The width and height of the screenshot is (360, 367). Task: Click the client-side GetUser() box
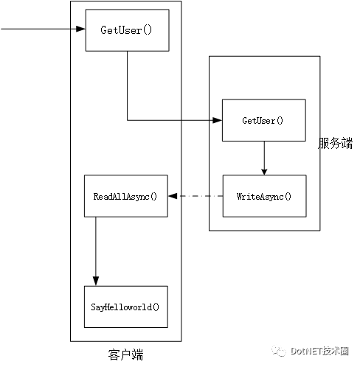(x=127, y=30)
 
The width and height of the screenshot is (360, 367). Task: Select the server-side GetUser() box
(x=264, y=120)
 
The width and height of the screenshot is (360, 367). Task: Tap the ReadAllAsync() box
(x=126, y=196)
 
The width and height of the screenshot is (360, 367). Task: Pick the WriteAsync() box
(x=264, y=196)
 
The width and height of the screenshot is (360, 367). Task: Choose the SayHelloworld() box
(x=126, y=307)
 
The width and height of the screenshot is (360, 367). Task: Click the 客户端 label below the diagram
(x=125, y=354)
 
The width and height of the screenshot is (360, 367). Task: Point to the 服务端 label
(x=336, y=143)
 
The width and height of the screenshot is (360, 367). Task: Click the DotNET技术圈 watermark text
(x=319, y=351)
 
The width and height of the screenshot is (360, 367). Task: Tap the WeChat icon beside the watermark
(x=279, y=351)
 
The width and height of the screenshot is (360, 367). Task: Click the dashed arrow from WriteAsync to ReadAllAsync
(x=195, y=196)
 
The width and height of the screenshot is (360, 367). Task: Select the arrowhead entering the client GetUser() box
(x=80, y=29)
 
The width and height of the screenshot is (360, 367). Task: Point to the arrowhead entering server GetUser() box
(x=218, y=120)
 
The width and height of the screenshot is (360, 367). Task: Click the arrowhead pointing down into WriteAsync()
(x=264, y=172)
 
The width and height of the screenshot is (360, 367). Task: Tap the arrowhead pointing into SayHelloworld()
(x=96, y=281)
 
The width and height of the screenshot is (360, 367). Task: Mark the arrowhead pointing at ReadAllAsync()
(x=173, y=196)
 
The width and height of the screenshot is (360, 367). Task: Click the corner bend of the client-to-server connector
(x=128, y=120)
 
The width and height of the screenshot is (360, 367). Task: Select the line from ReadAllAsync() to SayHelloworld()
(x=96, y=251)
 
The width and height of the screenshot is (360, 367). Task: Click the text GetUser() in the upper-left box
(x=126, y=30)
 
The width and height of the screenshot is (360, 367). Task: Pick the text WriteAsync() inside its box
(x=264, y=197)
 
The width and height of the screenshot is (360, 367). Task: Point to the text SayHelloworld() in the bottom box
(x=125, y=307)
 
